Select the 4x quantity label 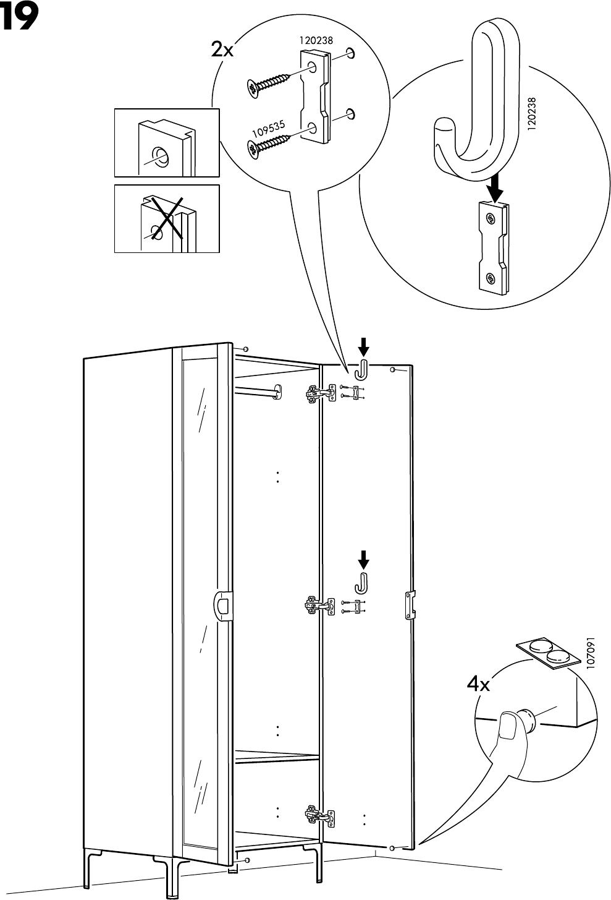click(478, 684)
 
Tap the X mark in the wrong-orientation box click(165, 218)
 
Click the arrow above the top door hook click(364, 345)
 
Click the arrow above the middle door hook click(364, 559)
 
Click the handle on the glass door click(222, 604)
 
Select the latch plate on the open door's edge click(409, 604)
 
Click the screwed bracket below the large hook click(494, 247)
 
